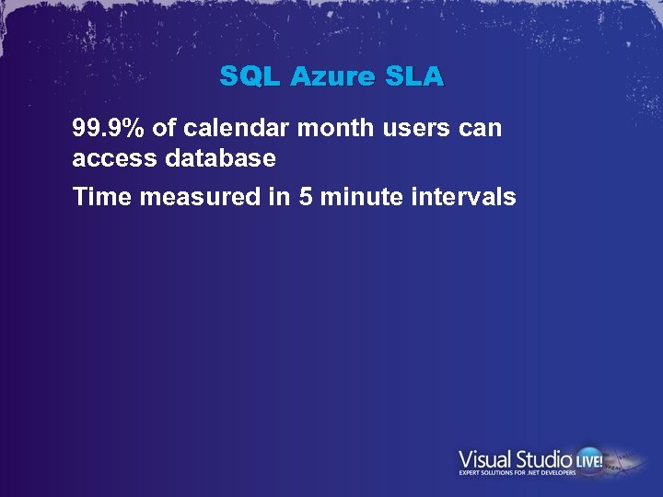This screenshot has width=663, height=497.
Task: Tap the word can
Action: [x=481, y=128]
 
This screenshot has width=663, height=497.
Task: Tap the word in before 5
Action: [x=280, y=196]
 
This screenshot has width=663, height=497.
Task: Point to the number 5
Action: [x=306, y=196]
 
